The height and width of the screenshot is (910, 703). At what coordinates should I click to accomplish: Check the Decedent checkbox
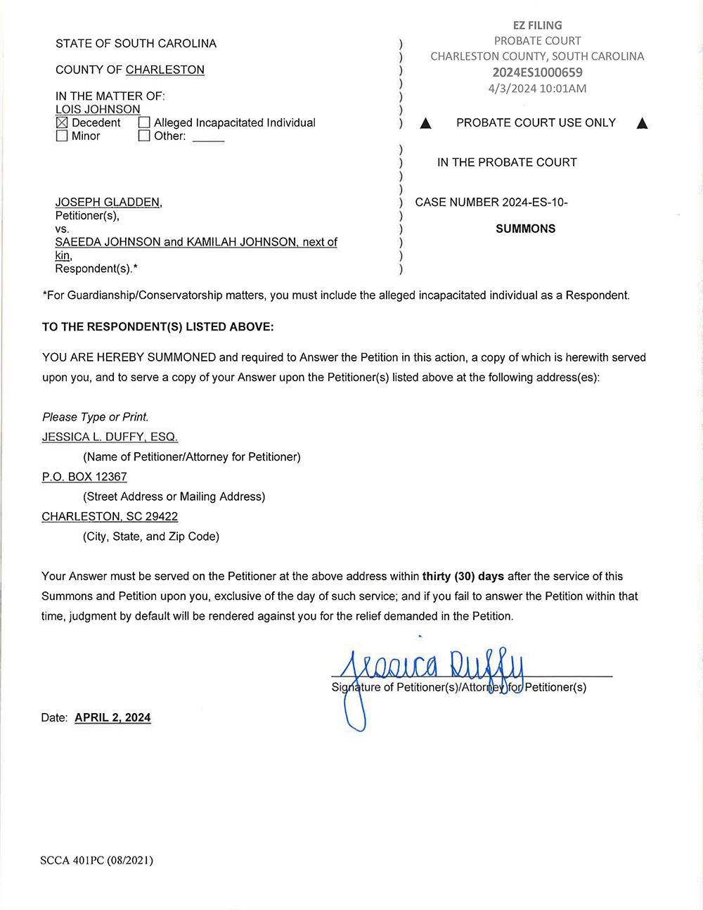[x=62, y=123]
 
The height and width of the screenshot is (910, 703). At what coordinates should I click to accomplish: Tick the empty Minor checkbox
[x=62, y=136]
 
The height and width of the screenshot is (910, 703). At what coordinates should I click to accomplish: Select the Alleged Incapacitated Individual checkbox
[x=144, y=123]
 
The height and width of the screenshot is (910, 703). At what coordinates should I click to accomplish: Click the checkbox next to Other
[x=144, y=136]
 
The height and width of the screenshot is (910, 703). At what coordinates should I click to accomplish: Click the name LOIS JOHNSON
[x=98, y=110]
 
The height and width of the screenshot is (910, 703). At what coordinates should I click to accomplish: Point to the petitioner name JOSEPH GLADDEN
[x=108, y=203]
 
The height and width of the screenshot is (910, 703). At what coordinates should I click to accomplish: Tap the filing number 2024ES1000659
[x=537, y=72]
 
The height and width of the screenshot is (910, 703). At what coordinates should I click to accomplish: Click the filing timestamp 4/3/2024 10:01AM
[x=537, y=89]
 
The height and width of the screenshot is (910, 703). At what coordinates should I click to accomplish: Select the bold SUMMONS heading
[x=525, y=229]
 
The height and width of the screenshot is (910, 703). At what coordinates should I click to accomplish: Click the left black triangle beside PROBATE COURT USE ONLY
[x=425, y=124]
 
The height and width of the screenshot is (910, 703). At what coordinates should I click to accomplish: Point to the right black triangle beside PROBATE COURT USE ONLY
[x=642, y=124]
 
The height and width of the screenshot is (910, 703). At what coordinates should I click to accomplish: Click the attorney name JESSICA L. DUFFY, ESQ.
[x=110, y=437]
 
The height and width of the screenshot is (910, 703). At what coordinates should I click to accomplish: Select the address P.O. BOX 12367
[x=84, y=477]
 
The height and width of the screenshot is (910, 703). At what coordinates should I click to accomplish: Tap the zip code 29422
[x=162, y=516]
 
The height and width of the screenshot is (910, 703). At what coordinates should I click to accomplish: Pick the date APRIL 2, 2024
[x=112, y=717]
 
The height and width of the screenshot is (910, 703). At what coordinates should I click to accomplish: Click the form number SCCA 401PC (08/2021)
[x=96, y=860]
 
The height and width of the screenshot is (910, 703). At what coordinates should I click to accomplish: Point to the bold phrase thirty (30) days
[x=463, y=576]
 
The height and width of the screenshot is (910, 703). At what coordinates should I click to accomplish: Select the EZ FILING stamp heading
[x=537, y=25]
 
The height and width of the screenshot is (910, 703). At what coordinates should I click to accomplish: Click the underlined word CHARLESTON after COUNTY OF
[x=165, y=70]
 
